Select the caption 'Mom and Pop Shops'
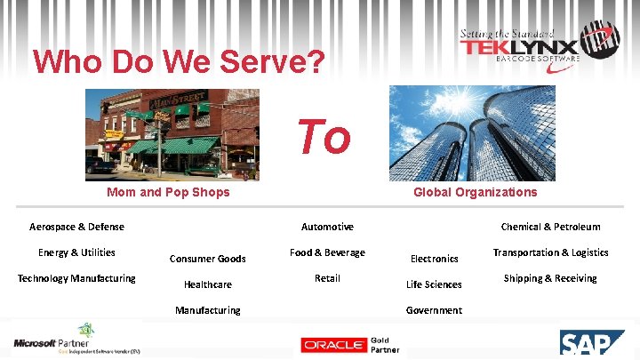(168, 192)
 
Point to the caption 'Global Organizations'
(475, 192)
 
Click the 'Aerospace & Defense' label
(76, 227)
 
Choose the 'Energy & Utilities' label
(76, 252)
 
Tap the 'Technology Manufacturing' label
(76, 278)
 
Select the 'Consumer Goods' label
(207, 259)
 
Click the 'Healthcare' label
(207, 284)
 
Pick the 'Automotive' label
(327, 227)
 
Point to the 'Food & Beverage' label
(327, 252)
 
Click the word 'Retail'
(327, 278)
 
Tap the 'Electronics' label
(434, 259)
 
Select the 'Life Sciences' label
(434, 284)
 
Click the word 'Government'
(434, 310)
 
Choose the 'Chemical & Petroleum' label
(550, 227)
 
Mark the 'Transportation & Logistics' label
(550, 252)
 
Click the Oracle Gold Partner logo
(349, 344)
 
